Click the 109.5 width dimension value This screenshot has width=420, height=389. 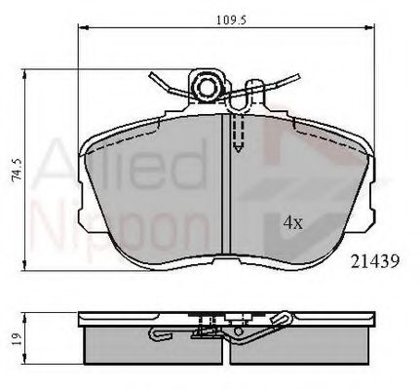pos(225,19)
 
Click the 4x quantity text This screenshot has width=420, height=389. pos(293,222)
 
